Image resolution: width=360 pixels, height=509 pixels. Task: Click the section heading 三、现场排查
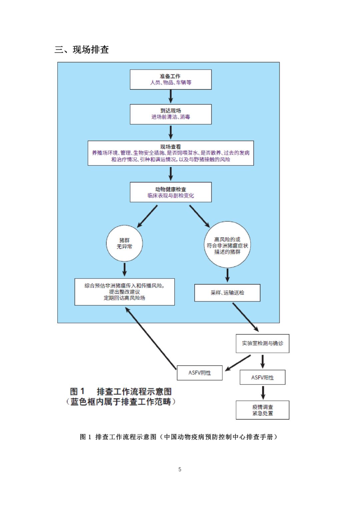pyautogui.click(x=82, y=50)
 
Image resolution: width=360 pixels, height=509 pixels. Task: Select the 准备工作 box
pyautogui.click(x=171, y=79)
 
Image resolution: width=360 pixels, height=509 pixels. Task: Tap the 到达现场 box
pyautogui.click(x=171, y=114)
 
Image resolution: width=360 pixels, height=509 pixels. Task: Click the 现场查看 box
pyautogui.click(x=171, y=153)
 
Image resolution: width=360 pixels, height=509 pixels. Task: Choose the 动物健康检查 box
pyautogui.click(x=171, y=192)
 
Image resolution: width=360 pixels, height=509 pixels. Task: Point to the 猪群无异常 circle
pyautogui.click(x=124, y=243)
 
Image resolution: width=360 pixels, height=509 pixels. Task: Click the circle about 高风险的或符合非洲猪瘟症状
pyautogui.click(x=227, y=245)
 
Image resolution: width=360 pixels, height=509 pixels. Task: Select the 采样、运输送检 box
pyautogui.click(x=227, y=293)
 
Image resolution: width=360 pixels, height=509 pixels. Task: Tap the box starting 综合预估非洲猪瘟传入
pyautogui.click(x=124, y=292)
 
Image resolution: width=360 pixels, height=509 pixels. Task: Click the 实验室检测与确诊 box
pyautogui.click(x=263, y=343)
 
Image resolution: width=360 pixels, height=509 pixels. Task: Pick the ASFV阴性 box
pyautogui.click(x=200, y=373)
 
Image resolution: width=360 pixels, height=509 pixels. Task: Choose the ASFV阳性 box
pyautogui.click(x=263, y=377)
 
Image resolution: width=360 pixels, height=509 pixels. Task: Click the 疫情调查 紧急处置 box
pyautogui.click(x=263, y=410)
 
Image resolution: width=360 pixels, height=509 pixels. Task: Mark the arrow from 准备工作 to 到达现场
pyautogui.click(x=171, y=97)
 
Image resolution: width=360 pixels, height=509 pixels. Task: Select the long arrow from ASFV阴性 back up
pyautogui.click(x=151, y=338)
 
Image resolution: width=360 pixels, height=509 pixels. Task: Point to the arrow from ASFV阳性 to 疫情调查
pyautogui.click(x=263, y=393)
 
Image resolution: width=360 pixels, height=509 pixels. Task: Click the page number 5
pyautogui.click(x=180, y=469)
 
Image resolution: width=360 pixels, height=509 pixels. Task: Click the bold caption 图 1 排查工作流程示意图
pyautogui.click(x=121, y=392)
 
